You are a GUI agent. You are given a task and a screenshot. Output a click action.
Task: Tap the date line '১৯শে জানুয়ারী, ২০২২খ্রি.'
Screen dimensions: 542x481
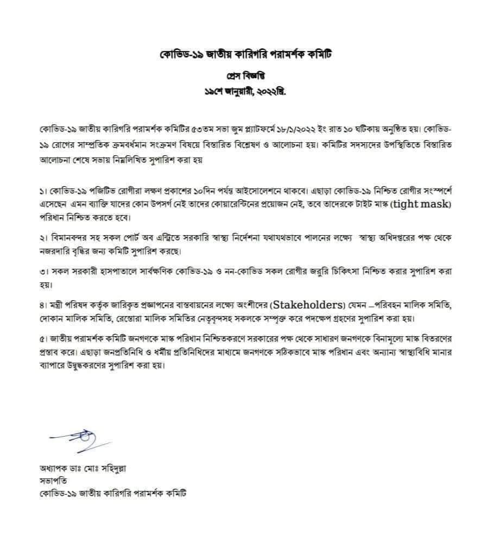point(240,91)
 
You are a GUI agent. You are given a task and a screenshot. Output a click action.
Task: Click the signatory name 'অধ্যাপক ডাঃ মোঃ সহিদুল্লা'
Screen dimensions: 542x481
point(79,468)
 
